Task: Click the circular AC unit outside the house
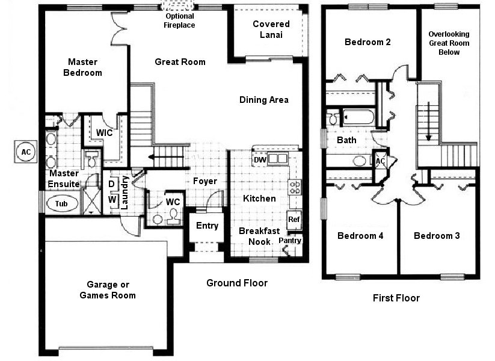click(26, 152)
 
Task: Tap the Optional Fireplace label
click(179, 20)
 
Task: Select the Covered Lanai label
click(271, 29)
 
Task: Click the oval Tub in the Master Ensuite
click(62, 204)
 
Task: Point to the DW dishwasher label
click(260, 160)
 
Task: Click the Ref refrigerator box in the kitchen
click(294, 219)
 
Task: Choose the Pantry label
click(290, 240)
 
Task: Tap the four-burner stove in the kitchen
click(295, 187)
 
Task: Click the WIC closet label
click(104, 132)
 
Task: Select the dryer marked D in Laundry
click(112, 184)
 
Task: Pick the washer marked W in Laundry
click(112, 200)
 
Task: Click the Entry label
click(207, 226)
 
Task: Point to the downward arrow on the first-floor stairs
click(428, 121)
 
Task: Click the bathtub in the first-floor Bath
click(358, 117)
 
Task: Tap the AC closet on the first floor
click(380, 161)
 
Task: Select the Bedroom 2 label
click(367, 42)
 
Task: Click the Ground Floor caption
click(237, 283)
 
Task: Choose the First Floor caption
click(396, 298)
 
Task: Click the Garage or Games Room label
click(108, 290)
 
